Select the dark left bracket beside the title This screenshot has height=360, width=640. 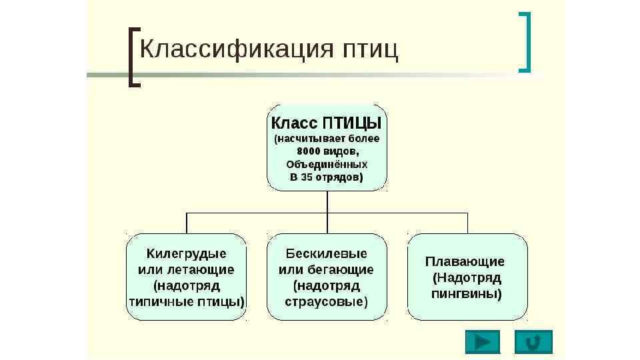click(x=133, y=57)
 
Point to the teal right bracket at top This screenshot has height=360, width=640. click(x=526, y=42)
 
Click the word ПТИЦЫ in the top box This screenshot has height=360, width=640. click(x=353, y=123)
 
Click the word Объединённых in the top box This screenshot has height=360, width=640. click(x=327, y=164)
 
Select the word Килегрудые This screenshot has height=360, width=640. click(x=186, y=253)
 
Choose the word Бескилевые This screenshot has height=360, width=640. click(x=327, y=253)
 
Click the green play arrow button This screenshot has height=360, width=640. click(x=483, y=341)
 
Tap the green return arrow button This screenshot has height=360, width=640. click(x=533, y=341)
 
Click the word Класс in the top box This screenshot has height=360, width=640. click(x=293, y=123)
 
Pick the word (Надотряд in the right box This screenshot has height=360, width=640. click(x=467, y=277)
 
